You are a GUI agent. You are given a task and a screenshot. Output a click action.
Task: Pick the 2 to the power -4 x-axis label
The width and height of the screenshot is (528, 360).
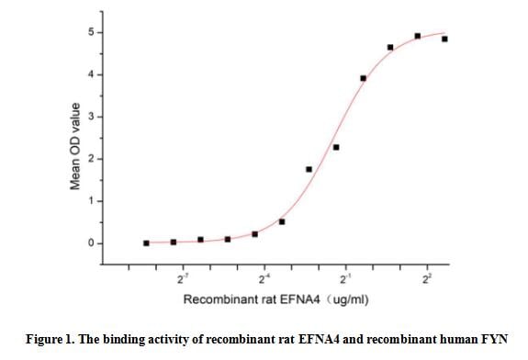[x=265, y=276]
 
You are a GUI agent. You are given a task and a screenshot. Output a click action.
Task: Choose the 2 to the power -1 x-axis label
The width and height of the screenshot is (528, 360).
[x=346, y=276]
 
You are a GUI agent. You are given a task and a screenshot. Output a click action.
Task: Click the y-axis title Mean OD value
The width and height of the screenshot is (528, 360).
[x=76, y=146]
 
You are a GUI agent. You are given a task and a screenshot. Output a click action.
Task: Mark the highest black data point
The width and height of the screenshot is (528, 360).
[x=418, y=36]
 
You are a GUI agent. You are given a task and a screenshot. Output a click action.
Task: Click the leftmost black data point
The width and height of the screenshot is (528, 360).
[x=146, y=242]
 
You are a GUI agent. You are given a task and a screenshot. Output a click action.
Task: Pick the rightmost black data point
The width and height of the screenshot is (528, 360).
[x=444, y=39]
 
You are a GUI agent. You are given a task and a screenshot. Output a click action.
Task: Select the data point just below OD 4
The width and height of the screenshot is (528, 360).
[x=364, y=78]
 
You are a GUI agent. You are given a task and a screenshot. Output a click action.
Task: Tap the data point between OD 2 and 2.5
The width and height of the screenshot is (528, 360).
[x=336, y=147]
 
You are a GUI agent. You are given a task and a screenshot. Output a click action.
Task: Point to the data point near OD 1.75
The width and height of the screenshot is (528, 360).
[x=309, y=169]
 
